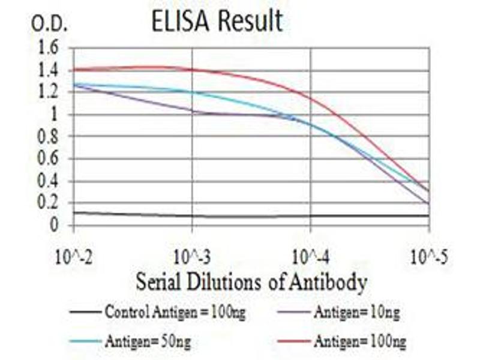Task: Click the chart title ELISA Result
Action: coord(217,22)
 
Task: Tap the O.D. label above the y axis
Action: coord(50,25)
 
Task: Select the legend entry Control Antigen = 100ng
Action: coord(175,312)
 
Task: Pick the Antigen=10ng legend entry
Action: coord(356,312)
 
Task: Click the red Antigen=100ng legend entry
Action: coord(359,342)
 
